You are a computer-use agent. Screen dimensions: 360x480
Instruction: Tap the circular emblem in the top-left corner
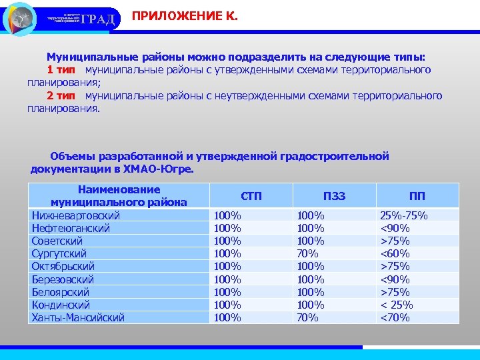click(20, 19)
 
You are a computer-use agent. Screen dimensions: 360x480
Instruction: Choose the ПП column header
click(417, 195)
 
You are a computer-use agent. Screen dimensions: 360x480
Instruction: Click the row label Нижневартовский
click(76, 215)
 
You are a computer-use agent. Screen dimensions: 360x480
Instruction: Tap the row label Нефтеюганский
click(71, 228)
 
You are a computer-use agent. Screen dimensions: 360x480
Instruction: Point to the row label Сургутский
click(59, 253)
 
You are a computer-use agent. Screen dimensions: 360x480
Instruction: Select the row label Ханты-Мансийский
click(78, 317)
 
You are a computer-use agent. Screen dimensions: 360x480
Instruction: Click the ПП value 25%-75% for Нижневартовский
click(404, 215)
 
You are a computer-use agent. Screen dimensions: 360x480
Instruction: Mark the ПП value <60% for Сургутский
click(394, 253)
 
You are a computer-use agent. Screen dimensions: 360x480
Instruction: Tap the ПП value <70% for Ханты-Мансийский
click(394, 317)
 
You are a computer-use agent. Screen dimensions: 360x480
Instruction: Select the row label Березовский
click(63, 279)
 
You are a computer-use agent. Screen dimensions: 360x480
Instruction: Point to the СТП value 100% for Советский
click(227, 241)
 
